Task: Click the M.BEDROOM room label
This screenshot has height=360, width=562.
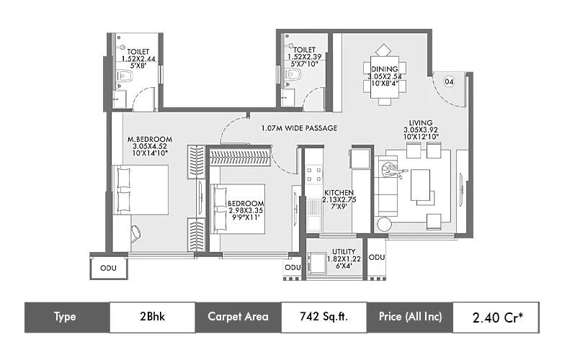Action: pos(149,138)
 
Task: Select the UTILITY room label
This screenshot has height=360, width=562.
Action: pos(343,252)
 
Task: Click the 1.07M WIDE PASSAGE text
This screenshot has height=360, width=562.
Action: pos(299,128)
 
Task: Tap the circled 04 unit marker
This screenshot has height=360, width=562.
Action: pos(448,82)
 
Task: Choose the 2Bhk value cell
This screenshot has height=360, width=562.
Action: pos(152,317)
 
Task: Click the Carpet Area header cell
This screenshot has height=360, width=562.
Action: pos(238,317)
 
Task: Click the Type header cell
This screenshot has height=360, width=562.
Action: pos(66,317)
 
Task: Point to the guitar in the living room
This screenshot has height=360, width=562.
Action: pos(393,170)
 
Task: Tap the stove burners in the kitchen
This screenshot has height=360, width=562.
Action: pos(314,174)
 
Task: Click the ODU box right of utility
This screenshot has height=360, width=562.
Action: pos(376,258)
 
